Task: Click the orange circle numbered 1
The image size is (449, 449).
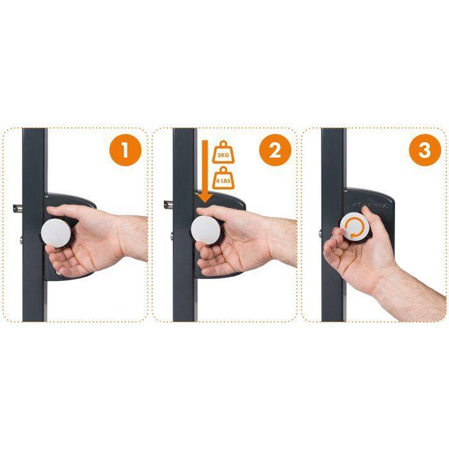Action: (x=126, y=153)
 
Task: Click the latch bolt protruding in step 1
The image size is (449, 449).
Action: (x=17, y=207)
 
